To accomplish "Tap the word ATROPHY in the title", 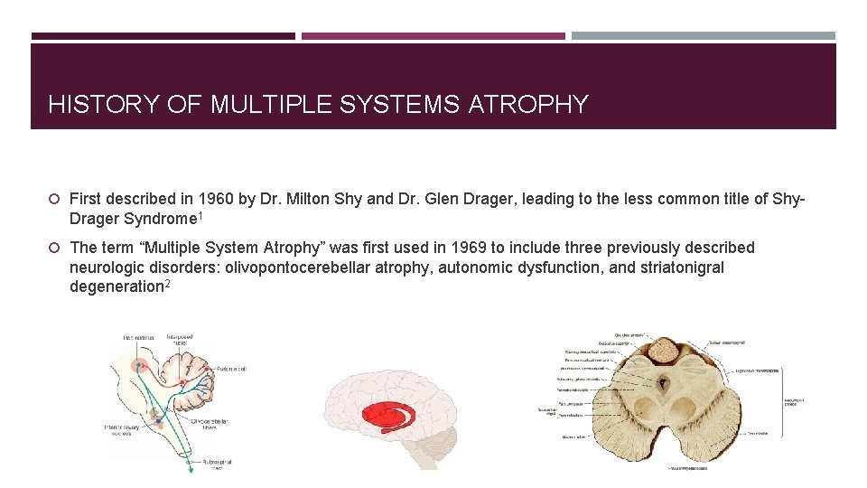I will point(528,105).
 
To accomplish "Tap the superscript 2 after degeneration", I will point(168,284).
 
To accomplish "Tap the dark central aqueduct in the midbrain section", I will point(665,383).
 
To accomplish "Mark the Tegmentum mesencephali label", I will point(756,370).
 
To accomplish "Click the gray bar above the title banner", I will point(703,36).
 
